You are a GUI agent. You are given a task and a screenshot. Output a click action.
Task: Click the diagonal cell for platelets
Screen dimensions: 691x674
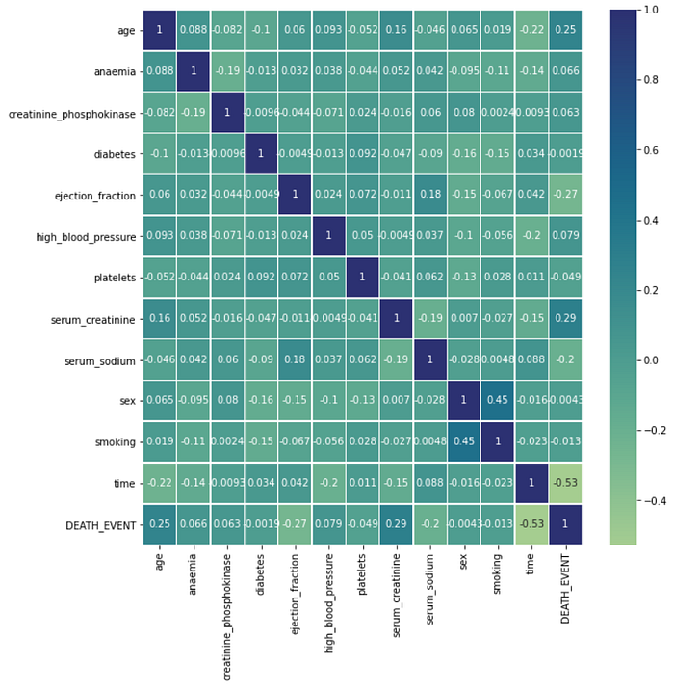click(x=362, y=277)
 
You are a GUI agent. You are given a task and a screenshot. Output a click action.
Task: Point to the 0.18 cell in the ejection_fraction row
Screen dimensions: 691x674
click(x=429, y=194)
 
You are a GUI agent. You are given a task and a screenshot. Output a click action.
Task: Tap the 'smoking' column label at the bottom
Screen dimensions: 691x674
click(x=498, y=575)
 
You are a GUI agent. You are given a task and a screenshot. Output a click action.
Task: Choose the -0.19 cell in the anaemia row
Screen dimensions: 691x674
click(x=226, y=70)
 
